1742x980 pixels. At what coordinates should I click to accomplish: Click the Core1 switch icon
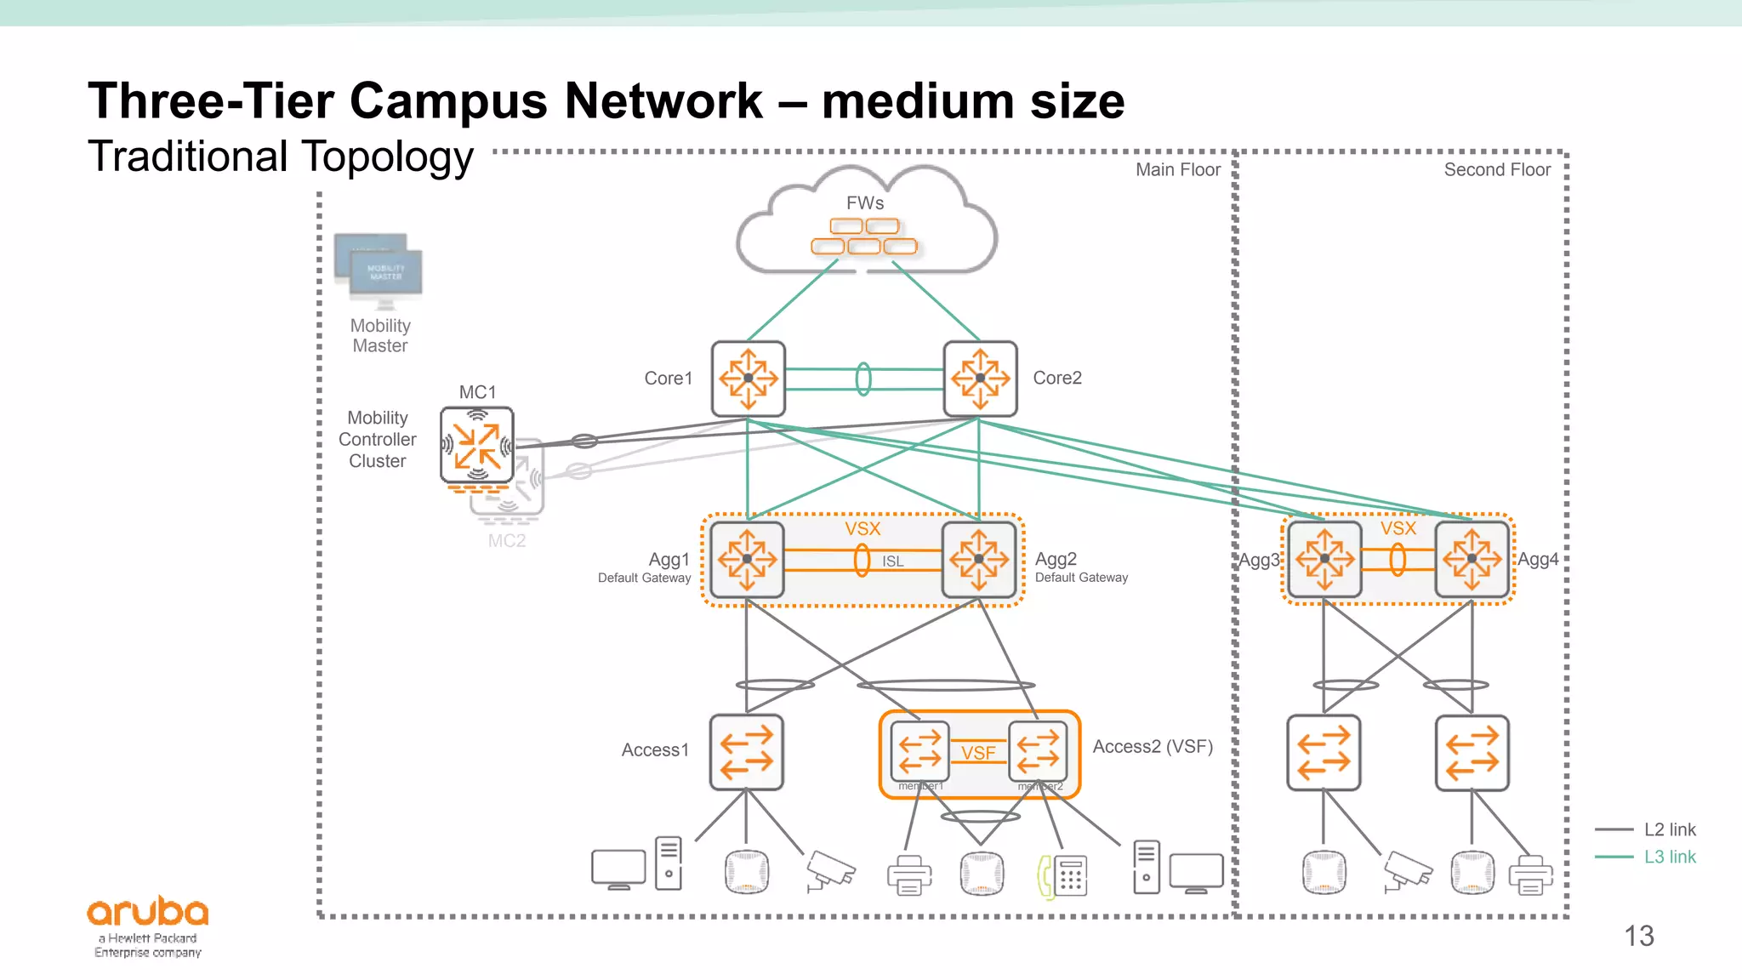[x=748, y=379]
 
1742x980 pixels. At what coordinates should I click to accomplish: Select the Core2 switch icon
[x=980, y=379]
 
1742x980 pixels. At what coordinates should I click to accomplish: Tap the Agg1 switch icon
[x=747, y=559]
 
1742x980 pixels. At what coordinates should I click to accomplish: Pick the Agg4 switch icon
[x=1472, y=559]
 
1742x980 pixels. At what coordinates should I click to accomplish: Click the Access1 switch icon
[x=746, y=752]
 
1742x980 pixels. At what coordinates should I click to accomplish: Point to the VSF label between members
[x=978, y=753]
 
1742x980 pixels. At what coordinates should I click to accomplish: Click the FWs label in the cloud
[x=864, y=203]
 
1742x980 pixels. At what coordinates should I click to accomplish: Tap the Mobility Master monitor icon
[x=379, y=271]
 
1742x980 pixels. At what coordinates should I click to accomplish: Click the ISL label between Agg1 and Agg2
[x=892, y=561]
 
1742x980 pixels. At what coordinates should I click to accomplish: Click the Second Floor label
[x=1496, y=170]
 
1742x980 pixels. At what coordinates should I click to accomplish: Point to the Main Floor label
[x=1177, y=170]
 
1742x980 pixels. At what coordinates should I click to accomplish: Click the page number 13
[x=1638, y=936]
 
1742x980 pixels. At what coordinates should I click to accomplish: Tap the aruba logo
[x=148, y=913]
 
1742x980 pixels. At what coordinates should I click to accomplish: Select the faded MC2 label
[x=507, y=541]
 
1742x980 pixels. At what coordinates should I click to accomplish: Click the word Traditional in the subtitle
[x=188, y=157]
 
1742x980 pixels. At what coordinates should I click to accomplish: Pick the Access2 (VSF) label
[x=1152, y=747]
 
